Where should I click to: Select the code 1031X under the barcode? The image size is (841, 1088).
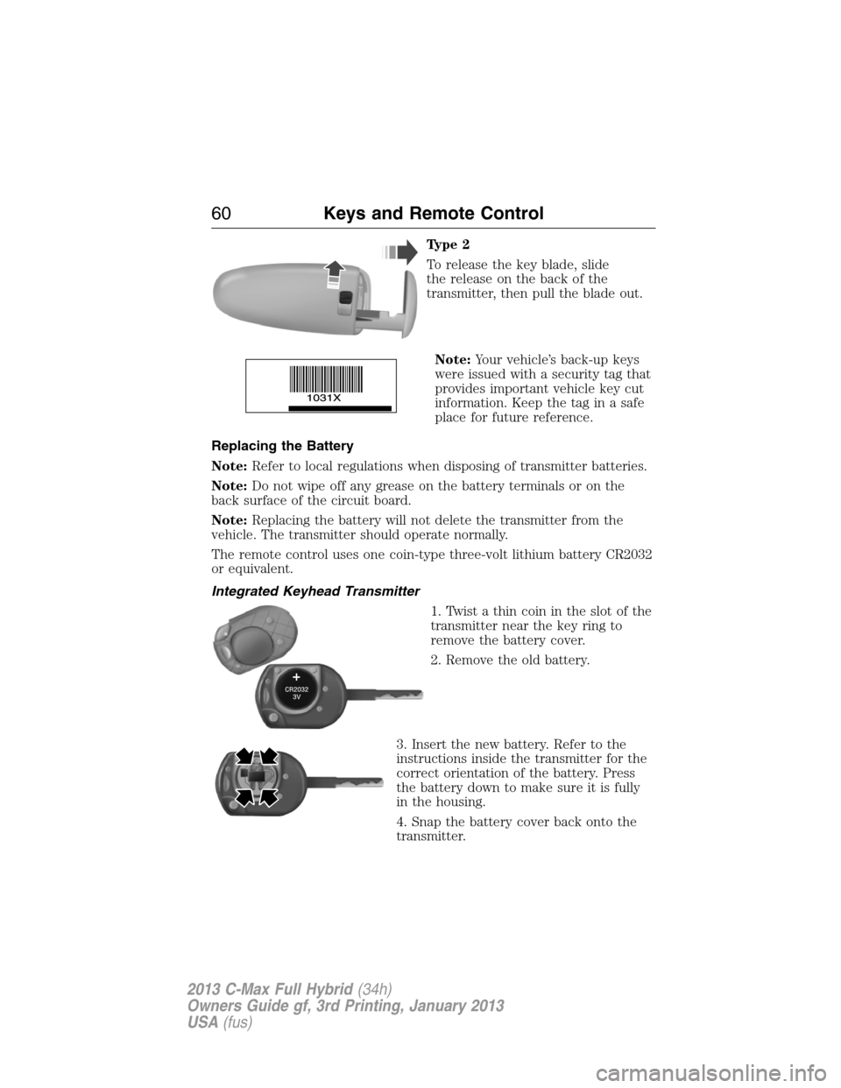pos(323,398)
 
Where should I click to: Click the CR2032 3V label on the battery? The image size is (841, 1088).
pos(297,693)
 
